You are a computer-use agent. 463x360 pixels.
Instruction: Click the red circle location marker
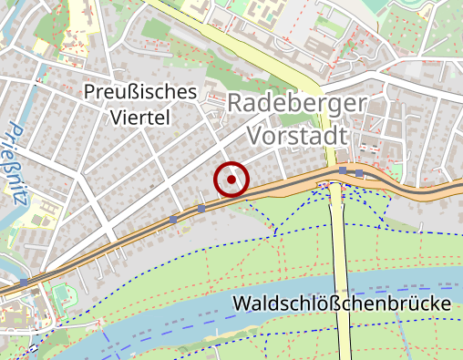(x=231, y=180)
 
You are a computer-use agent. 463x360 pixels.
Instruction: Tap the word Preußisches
(x=139, y=92)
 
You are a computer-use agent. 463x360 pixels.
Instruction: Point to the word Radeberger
(x=297, y=103)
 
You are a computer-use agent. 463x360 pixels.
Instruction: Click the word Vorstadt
(x=298, y=135)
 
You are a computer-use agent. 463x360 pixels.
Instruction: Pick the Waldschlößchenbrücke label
(x=343, y=303)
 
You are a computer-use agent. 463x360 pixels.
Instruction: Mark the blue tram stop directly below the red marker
(x=201, y=209)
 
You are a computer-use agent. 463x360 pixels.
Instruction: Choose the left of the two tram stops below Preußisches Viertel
(x=173, y=219)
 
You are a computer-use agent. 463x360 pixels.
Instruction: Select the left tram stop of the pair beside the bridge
(x=342, y=170)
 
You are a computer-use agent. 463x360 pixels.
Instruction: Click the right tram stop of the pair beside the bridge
(x=360, y=172)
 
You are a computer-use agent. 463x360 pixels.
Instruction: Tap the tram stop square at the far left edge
(x=23, y=283)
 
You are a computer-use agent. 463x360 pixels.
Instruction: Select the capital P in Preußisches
(x=88, y=92)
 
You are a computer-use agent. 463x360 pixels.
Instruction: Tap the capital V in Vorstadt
(x=256, y=135)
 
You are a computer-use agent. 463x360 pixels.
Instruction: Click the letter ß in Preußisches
(x=131, y=92)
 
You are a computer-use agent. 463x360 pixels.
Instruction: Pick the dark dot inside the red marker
(x=231, y=180)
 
